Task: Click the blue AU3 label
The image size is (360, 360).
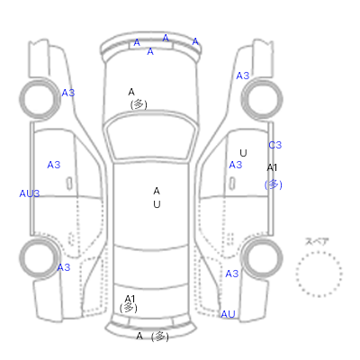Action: coord(30,193)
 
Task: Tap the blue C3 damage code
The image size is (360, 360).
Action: coord(275,145)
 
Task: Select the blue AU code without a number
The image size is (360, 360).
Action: coord(228,314)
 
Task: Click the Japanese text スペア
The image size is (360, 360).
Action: coord(317,241)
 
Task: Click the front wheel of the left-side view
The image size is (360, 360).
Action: coord(21,99)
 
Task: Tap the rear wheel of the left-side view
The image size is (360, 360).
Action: coord(21,258)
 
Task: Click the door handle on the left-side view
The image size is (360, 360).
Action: coord(69,184)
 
